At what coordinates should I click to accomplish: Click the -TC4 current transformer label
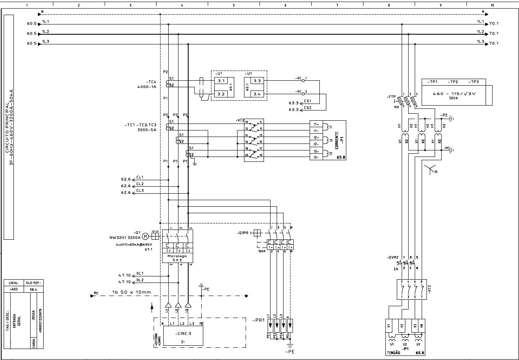[x=151, y=82]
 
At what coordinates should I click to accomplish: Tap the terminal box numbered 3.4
[x=257, y=95]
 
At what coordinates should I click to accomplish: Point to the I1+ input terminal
[x=316, y=124]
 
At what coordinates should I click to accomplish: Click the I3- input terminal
[x=316, y=157]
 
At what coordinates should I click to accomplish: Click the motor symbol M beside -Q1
[x=145, y=235]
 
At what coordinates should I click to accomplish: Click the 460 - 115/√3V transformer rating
[x=456, y=93]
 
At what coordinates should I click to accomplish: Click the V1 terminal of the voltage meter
[x=389, y=326]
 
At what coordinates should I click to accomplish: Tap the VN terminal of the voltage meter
[x=421, y=326]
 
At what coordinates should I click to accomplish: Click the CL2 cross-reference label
[x=140, y=184]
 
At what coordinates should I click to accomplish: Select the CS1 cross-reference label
[x=308, y=102]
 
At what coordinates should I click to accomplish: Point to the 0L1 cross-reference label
[x=140, y=274]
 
